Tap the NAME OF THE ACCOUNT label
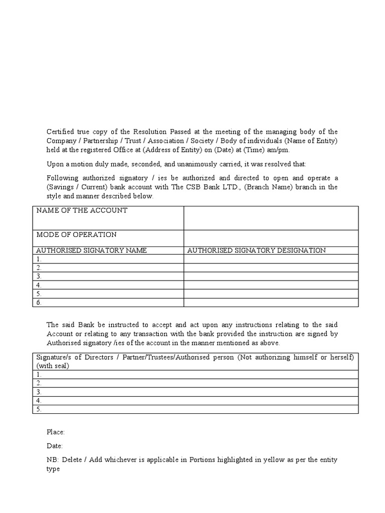click(x=82, y=210)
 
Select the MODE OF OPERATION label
click(x=76, y=234)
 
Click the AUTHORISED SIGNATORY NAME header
click(x=91, y=250)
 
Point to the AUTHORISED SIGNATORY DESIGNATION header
click(x=256, y=250)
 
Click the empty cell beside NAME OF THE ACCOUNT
click(x=271, y=218)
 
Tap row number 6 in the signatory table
click(x=39, y=303)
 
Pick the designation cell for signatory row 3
click(x=271, y=276)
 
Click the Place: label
click(x=56, y=432)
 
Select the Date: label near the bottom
click(x=55, y=445)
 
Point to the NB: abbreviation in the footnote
click(x=52, y=459)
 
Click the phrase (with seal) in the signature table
click(x=53, y=366)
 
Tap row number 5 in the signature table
click(x=39, y=409)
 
